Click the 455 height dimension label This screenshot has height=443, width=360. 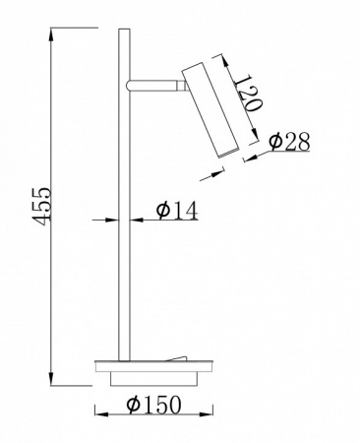pos(43,207)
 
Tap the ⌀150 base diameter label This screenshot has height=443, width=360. pos(153,405)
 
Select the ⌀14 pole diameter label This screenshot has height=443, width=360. pos(177,210)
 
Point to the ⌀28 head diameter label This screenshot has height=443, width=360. pos(289,142)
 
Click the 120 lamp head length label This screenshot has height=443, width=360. pos(249,94)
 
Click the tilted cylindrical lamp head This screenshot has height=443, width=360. pos(210,110)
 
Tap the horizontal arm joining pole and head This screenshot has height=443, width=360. pos(152,85)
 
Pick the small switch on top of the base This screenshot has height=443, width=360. pos(177,358)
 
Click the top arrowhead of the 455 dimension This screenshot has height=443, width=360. pos(51,34)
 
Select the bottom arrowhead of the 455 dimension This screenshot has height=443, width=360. pos(51,379)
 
